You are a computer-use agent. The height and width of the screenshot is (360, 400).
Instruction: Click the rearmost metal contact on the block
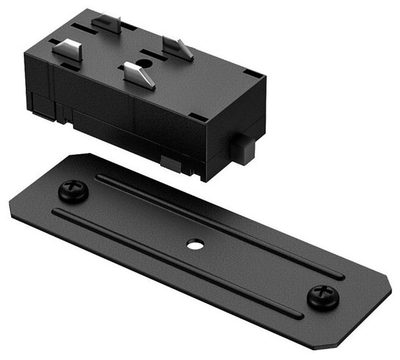(107, 23)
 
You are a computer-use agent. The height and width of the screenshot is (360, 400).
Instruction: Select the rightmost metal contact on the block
(178, 49)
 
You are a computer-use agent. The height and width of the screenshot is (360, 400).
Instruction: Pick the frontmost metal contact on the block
(139, 75)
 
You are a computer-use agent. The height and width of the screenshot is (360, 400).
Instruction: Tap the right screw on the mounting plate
(323, 297)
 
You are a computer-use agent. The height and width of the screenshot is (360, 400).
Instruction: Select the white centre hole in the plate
(195, 244)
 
